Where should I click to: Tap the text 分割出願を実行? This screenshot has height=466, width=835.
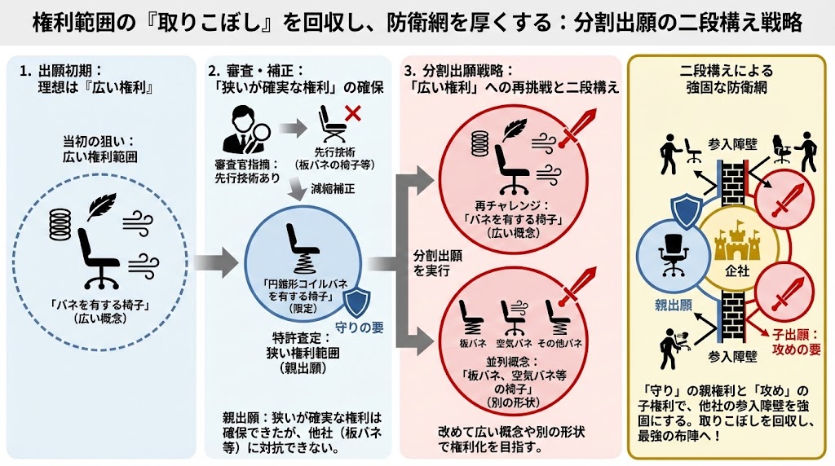(437, 263)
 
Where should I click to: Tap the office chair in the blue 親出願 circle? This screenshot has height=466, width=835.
(674, 253)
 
